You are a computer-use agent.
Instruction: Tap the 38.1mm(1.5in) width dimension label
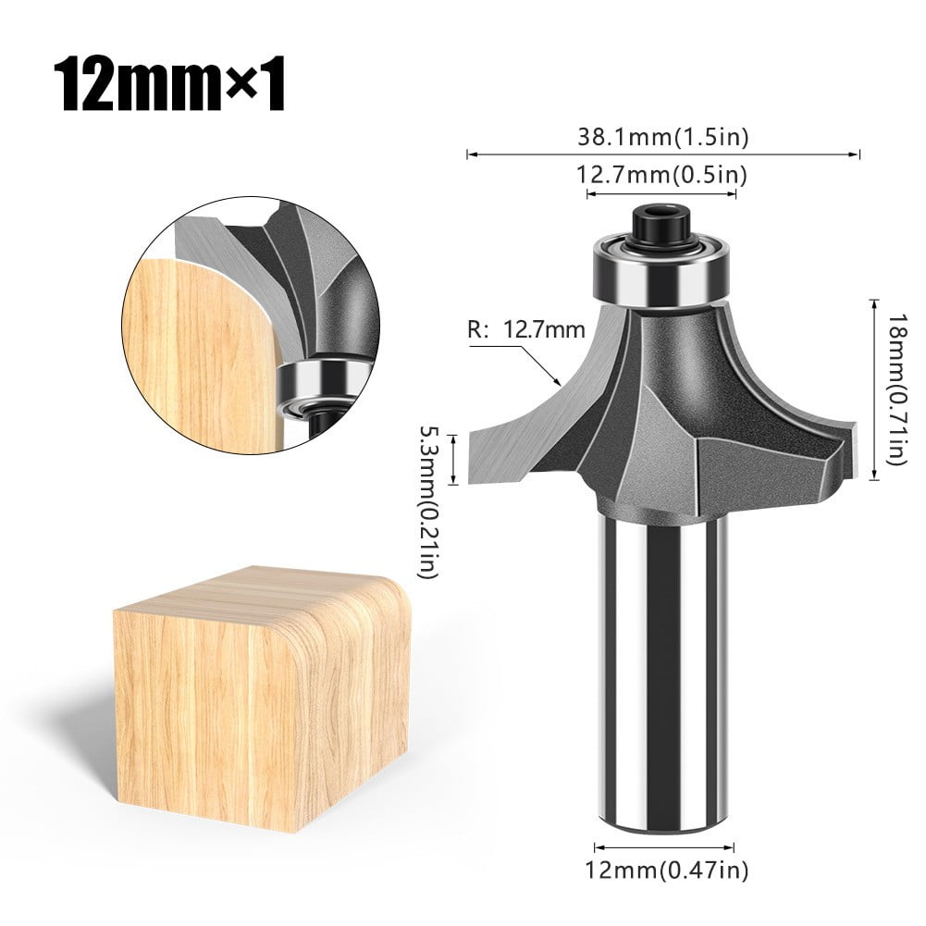click(x=662, y=138)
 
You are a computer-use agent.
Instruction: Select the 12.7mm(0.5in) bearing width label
click(x=662, y=174)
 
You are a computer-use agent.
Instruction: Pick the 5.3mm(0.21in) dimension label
click(x=428, y=500)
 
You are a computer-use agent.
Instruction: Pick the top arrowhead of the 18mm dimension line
click(x=875, y=302)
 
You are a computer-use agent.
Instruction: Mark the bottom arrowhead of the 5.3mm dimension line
click(x=453, y=482)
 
